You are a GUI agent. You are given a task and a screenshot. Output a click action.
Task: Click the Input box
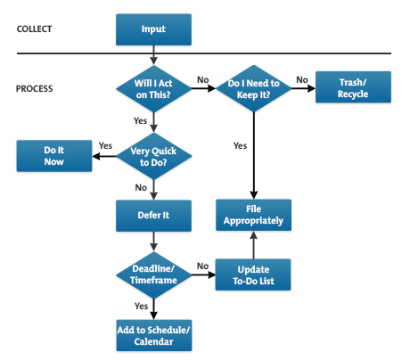tap(153, 29)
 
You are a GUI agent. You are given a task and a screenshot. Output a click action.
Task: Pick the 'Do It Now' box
tap(54, 158)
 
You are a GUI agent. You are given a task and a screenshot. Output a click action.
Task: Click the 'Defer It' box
tap(153, 215)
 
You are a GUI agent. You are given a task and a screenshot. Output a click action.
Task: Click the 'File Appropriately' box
tap(254, 215)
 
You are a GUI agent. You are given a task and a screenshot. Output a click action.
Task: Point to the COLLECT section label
tap(34, 29)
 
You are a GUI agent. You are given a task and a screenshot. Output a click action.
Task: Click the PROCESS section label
tap(35, 88)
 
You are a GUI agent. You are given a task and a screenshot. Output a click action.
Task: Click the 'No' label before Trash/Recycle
tap(302, 79)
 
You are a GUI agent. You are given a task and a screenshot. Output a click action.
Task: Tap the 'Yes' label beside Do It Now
tap(105, 144)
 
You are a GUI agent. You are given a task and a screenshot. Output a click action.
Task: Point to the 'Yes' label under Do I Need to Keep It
tap(240, 145)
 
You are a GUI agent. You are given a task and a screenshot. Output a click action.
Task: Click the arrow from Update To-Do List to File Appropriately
tap(255, 244)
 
